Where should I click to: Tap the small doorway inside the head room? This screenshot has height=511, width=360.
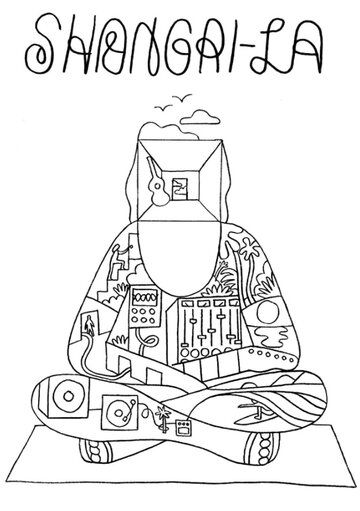tap(180, 189)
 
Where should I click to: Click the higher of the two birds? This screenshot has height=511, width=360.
tap(182, 97)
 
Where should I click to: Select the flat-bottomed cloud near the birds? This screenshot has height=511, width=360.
tap(200, 116)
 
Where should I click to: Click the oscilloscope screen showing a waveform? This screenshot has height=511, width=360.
tap(145, 297)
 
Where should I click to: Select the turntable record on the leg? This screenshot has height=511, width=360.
tap(119, 413)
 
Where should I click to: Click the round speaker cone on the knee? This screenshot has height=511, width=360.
tap(68, 396)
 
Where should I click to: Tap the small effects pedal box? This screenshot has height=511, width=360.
tap(183, 427)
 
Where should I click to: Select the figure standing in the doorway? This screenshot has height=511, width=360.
tap(89, 326)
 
